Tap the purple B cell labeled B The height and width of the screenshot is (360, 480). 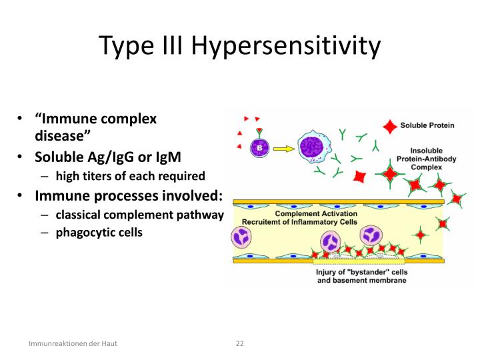tap(258, 147)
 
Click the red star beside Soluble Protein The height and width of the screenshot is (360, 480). tap(388, 125)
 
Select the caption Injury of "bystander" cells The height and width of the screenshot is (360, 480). tap(361, 272)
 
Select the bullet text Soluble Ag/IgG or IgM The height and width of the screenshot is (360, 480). tap(108, 157)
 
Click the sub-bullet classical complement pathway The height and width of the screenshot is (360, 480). tap(138, 215)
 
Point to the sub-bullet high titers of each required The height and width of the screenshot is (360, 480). tap(129, 176)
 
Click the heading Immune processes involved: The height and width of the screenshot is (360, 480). tap(129, 195)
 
